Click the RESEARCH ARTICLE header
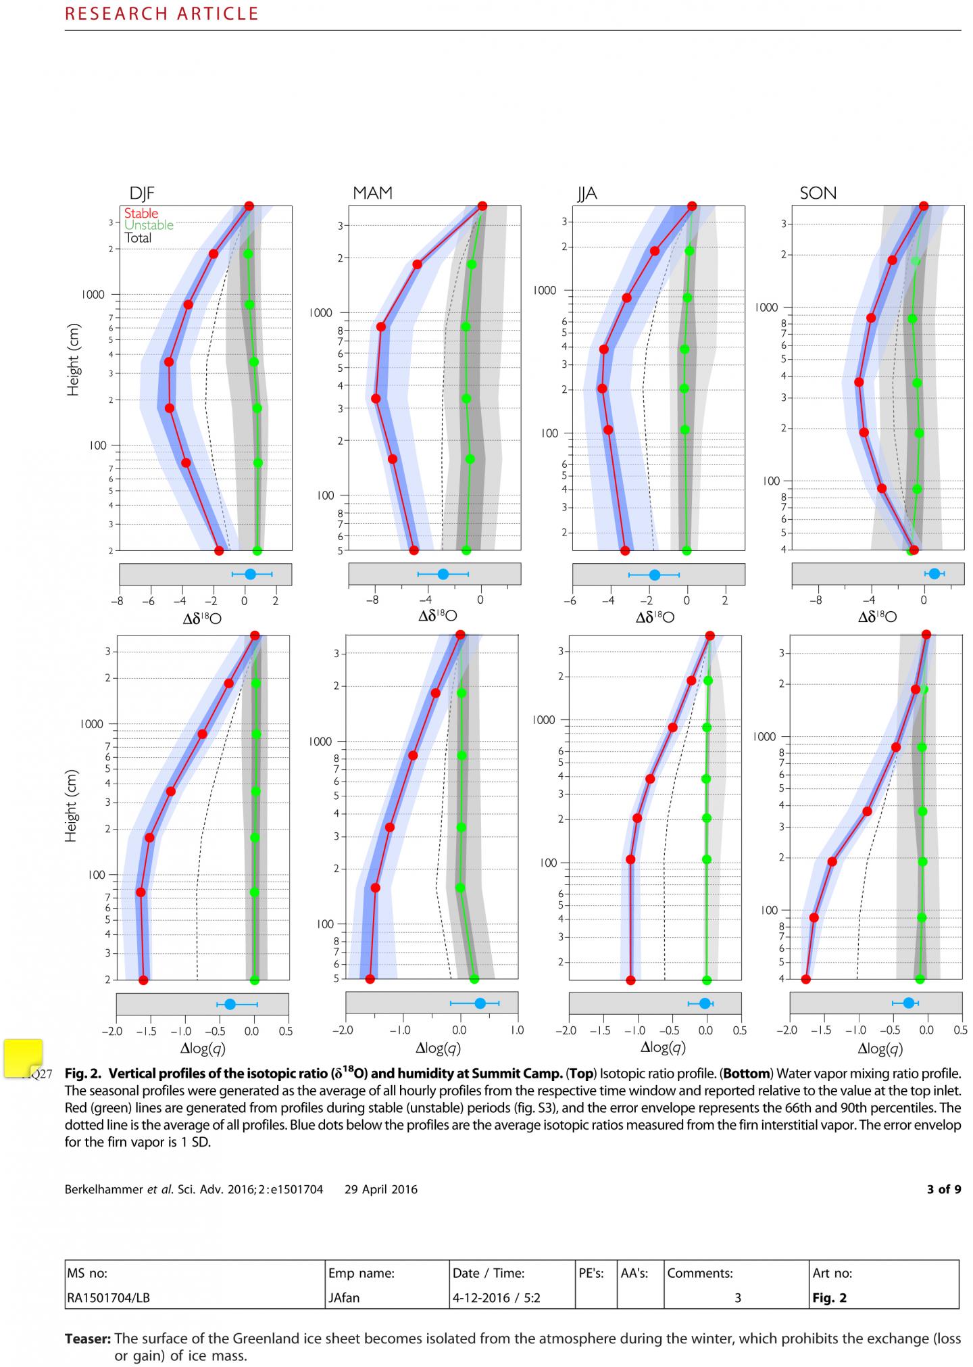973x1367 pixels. tap(161, 14)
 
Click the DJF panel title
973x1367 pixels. tap(143, 193)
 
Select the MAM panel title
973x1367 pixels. tap(372, 193)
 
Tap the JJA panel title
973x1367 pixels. tap(587, 194)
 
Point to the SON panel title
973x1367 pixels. tap(818, 193)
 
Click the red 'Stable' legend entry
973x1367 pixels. tap(141, 214)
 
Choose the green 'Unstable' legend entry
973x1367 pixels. tap(149, 225)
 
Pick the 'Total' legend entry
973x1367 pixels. tap(138, 238)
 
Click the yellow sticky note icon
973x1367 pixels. tap(24, 1058)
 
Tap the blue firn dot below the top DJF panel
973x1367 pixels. tap(250, 574)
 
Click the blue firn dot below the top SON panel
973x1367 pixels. tap(934, 573)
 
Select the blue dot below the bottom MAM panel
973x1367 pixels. tap(480, 1003)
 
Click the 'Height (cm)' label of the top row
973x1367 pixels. tap(73, 360)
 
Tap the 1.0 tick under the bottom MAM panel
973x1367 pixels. tap(516, 1031)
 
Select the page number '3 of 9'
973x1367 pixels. tap(943, 1189)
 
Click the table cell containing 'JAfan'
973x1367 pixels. tap(388, 1297)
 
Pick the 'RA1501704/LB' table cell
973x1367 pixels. tap(195, 1297)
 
